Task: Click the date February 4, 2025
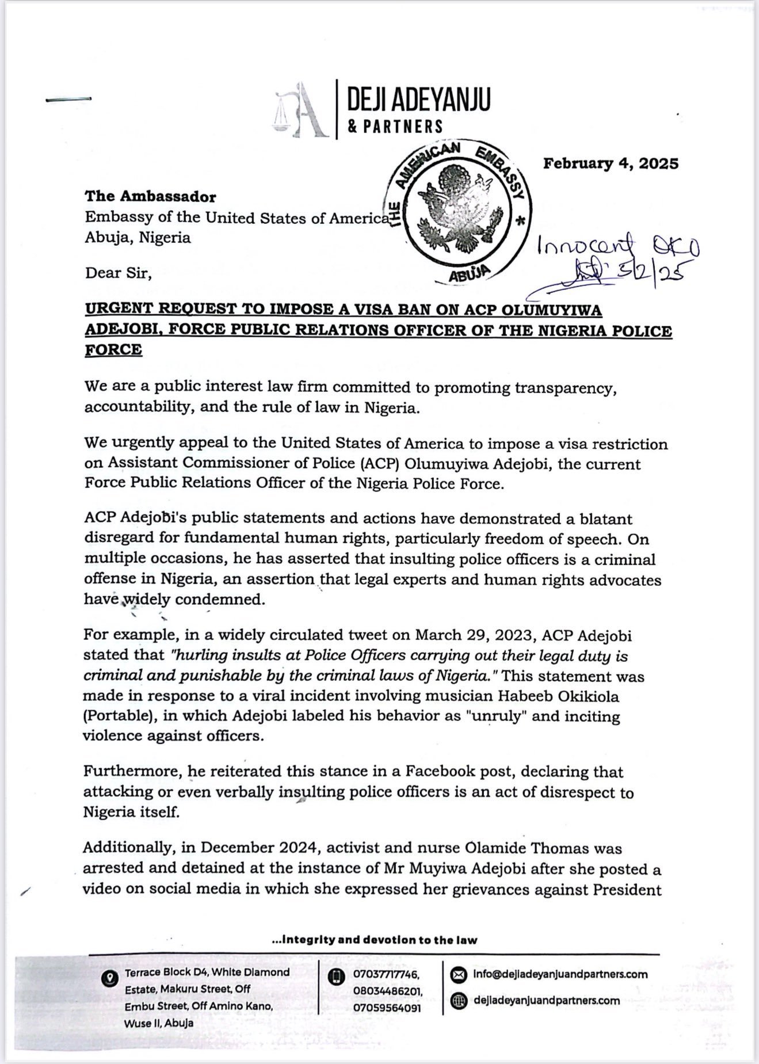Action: tap(611, 163)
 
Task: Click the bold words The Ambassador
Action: tap(150, 197)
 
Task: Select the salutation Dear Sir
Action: tap(118, 273)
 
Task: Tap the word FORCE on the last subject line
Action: tap(113, 350)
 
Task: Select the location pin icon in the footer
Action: tap(108, 978)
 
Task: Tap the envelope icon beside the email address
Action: tap(458, 975)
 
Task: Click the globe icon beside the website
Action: tap(458, 1001)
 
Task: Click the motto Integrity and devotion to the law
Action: tap(374, 940)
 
